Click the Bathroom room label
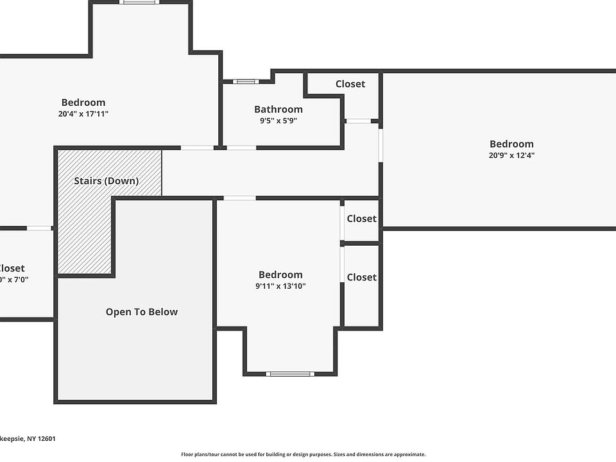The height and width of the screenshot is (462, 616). (278, 109)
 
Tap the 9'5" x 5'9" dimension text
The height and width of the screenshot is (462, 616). (278, 120)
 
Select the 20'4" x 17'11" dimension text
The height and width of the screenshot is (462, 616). (83, 114)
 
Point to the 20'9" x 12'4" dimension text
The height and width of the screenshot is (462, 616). (511, 155)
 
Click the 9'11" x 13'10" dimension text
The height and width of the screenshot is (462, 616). (280, 286)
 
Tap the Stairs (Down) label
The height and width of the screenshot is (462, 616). (106, 181)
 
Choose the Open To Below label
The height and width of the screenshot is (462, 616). (142, 312)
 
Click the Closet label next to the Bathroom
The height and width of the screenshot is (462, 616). (350, 84)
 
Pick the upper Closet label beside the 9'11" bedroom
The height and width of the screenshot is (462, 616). (361, 219)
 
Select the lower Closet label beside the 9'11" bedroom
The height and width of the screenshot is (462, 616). (361, 277)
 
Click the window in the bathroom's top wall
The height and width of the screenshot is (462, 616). (245, 81)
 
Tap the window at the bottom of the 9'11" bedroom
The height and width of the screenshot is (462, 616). (290, 373)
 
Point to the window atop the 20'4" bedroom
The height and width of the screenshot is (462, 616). (139, 2)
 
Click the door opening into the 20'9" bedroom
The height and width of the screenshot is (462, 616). (381, 145)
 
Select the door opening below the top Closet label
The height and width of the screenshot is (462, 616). (358, 121)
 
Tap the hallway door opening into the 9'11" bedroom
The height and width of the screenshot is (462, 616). (239, 198)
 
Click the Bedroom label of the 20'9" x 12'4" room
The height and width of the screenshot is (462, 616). (511, 144)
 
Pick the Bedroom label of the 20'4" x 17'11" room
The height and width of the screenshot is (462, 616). (83, 103)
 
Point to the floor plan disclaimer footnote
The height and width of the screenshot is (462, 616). (303, 454)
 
